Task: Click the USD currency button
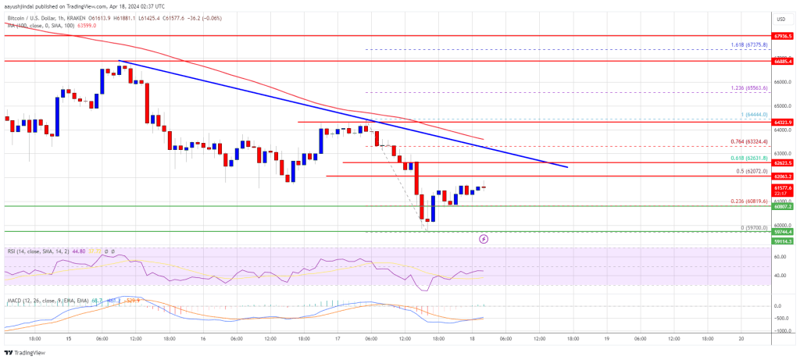[780, 18]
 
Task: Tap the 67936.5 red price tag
[782, 36]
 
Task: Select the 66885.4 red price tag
[782, 60]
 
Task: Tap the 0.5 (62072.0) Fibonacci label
[752, 171]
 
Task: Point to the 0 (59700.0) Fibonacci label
[752, 227]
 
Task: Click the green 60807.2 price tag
[782, 207]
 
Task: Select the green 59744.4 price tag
[782, 232]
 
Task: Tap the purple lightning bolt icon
[484, 239]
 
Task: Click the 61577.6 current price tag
[782, 188]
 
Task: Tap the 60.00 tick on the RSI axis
[778, 255]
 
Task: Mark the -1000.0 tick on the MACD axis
[780, 330]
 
